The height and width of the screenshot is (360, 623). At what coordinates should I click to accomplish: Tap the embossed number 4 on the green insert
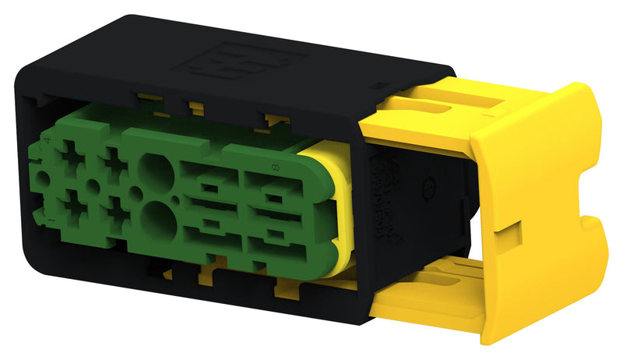(49, 140)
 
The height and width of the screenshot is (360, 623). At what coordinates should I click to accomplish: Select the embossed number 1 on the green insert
(51, 223)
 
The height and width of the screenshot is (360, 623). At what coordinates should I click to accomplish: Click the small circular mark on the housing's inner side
(427, 188)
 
